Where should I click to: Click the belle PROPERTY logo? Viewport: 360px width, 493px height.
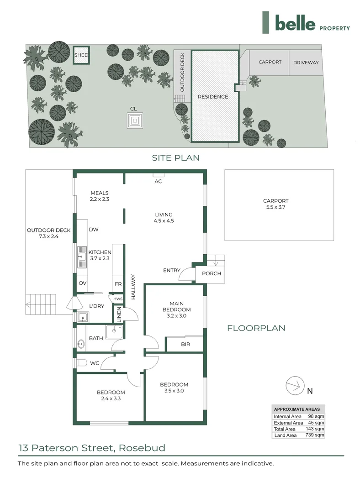(306, 23)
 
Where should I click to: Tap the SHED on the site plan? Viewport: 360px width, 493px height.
(81, 55)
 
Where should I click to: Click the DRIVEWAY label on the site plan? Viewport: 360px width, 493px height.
(306, 63)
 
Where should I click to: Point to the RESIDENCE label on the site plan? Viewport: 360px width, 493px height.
(212, 97)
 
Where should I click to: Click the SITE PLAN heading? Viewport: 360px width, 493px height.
(176, 158)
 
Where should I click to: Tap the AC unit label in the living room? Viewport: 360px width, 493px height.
(159, 181)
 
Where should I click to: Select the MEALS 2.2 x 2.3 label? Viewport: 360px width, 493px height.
(100, 196)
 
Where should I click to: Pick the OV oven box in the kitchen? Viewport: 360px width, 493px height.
(82, 283)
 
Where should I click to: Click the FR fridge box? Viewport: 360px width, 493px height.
(118, 284)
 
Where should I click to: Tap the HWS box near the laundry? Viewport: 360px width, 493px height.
(118, 299)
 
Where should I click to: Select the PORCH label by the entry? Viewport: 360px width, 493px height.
(211, 273)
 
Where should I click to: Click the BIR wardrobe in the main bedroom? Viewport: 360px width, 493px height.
(185, 345)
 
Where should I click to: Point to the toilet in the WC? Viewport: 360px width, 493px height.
(81, 363)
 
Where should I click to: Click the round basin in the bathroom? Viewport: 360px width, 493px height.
(82, 345)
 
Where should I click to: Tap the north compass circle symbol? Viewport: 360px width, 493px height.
(295, 386)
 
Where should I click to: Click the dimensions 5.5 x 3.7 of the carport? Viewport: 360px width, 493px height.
(275, 207)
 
